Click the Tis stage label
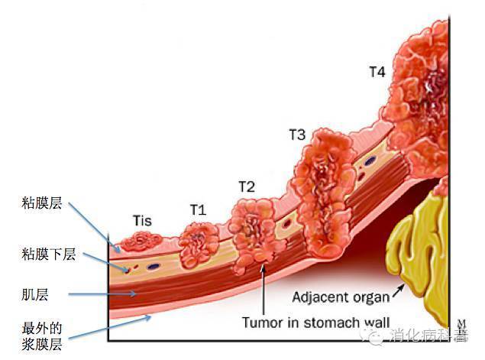coord(141,221)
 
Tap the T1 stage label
coord(198,209)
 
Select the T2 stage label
coord(246,186)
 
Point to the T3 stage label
coord(297,135)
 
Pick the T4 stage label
coord(377,72)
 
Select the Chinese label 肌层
coord(35,293)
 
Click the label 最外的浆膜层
coord(42,337)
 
